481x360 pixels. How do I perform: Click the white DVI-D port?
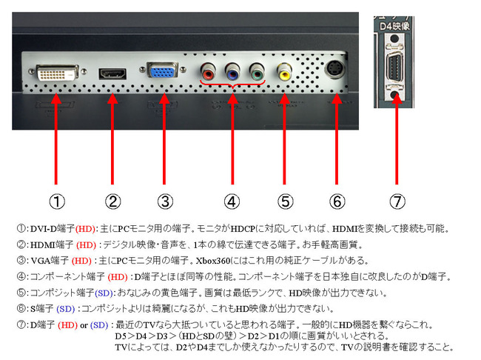tap(58, 73)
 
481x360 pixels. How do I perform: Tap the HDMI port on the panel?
tap(112, 74)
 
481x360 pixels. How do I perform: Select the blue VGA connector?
tap(163, 70)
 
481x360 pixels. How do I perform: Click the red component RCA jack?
tap(208, 72)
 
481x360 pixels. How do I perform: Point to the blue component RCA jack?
tap(232, 72)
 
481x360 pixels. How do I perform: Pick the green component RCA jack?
tap(257, 72)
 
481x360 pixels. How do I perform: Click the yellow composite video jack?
tap(284, 72)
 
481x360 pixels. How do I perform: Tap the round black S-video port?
tap(334, 70)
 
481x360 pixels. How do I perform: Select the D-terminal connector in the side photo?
tap(394, 68)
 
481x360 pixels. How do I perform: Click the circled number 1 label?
tap(57, 201)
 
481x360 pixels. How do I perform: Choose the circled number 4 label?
tap(232, 201)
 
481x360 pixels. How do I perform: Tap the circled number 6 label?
tap(337, 201)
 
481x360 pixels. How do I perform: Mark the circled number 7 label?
tap(397, 201)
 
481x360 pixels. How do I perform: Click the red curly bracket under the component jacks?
tap(232, 84)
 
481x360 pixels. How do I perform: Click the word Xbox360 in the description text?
tap(213, 261)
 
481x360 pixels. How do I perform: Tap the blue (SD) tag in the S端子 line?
tap(66, 309)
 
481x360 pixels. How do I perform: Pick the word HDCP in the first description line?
tap(243, 229)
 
